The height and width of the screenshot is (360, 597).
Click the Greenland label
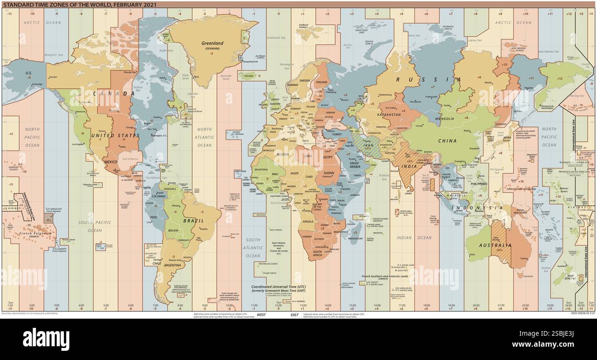click(212, 43)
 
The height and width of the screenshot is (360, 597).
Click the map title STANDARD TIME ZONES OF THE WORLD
click(80, 4)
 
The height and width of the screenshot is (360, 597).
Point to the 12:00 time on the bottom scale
click(279, 305)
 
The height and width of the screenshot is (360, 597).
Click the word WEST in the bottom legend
click(261, 315)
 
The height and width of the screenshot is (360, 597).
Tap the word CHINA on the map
click(447, 141)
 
